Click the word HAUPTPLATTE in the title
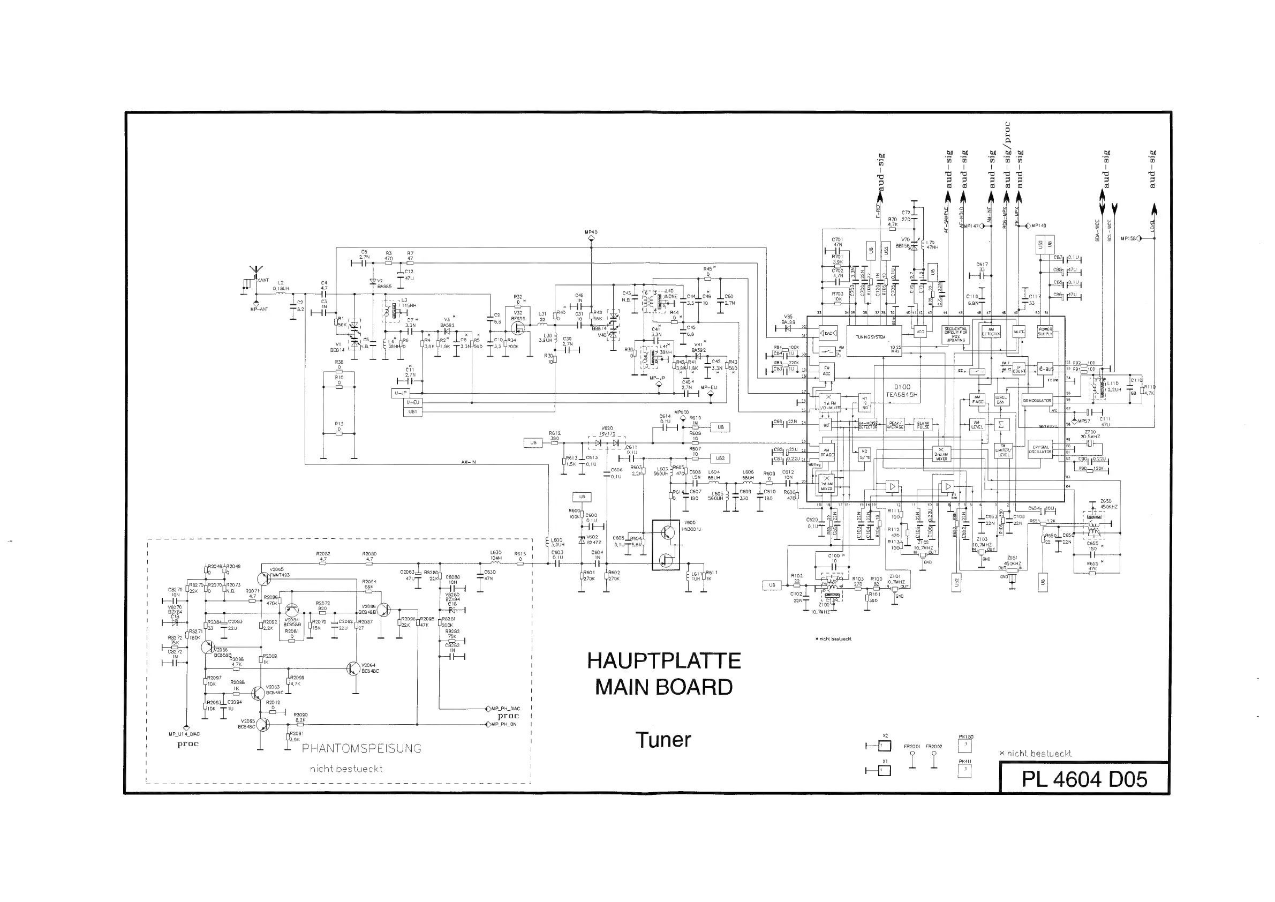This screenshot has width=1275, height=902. click(x=663, y=661)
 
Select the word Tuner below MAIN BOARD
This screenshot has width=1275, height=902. click(x=663, y=740)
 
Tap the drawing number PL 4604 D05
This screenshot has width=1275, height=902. click(x=1084, y=779)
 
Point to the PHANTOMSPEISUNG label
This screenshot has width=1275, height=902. click(x=361, y=749)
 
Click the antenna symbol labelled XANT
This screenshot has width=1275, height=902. click(x=256, y=274)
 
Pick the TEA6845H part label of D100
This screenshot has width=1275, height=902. click(x=902, y=395)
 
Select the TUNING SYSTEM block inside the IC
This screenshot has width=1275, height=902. click(x=870, y=337)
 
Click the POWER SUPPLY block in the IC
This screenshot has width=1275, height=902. click(x=1045, y=332)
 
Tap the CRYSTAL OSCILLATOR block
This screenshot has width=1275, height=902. click(x=1040, y=449)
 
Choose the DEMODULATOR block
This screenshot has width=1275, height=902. click(x=1037, y=401)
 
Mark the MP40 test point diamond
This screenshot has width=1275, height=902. click(x=591, y=238)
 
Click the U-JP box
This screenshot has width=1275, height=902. click(x=400, y=393)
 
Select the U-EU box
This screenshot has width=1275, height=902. click(x=413, y=402)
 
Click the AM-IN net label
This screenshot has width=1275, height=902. click(x=468, y=462)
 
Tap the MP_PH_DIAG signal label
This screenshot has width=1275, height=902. click(x=506, y=709)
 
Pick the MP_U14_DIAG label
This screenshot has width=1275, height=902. click(x=184, y=734)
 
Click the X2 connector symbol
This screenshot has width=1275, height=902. click(x=885, y=746)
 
